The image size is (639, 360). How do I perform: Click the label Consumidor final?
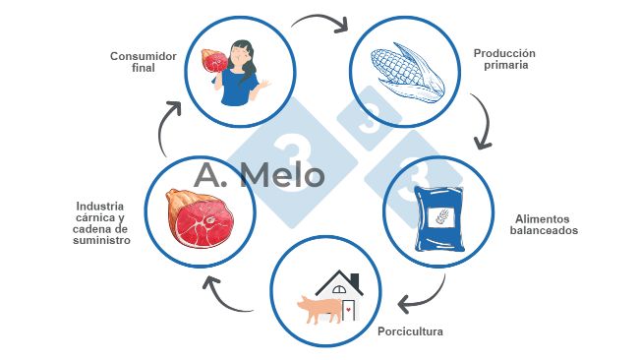143,63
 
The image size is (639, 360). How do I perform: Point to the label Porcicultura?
410,331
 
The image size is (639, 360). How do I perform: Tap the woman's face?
239,55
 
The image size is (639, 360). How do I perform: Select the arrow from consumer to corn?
320,23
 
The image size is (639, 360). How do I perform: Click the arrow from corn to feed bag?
481,122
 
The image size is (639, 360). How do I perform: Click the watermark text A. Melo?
260,175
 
